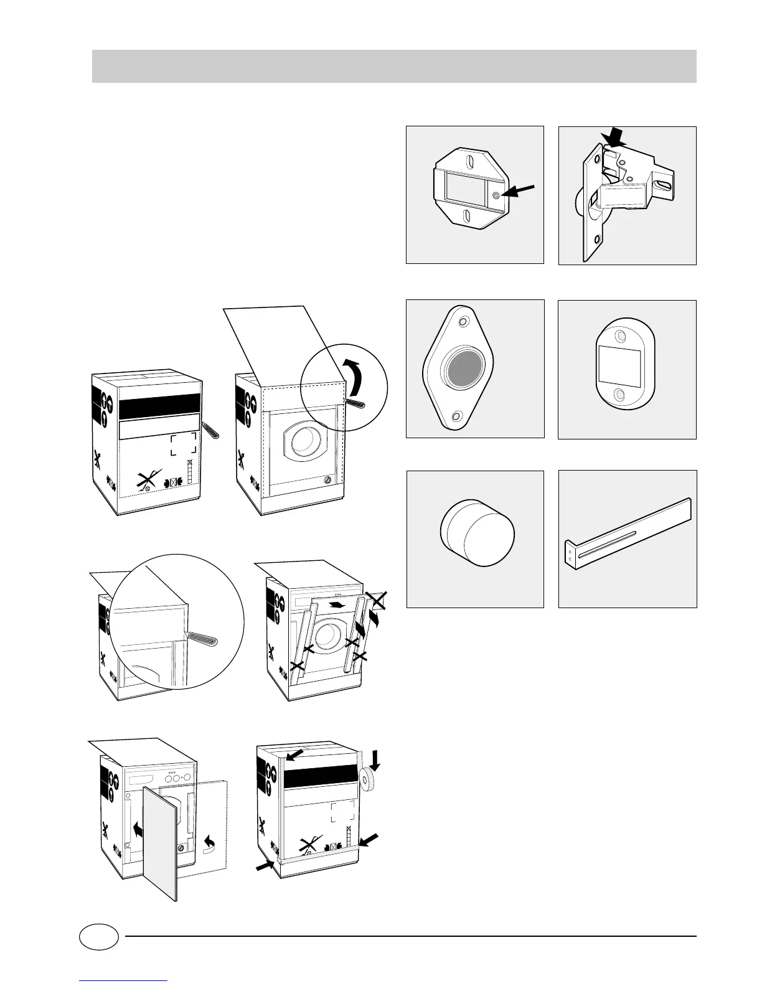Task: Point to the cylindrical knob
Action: tap(477, 535)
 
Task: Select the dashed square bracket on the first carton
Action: tap(184, 444)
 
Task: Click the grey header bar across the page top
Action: tap(393, 66)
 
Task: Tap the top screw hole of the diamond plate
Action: tap(463, 323)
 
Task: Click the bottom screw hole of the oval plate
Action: tap(619, 394)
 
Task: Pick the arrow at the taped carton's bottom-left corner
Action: tap(265, 863)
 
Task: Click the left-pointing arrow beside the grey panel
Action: tap(138, 829)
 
